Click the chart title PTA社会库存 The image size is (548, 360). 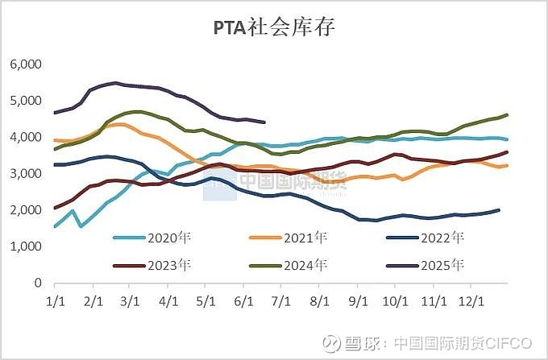[274, 27]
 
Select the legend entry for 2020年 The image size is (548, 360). [158, 238]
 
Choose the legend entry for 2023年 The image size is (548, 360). [158, 263]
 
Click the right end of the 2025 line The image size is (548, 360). [265, 122]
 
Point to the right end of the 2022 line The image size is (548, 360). [499, 210]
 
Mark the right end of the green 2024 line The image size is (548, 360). [507, 115]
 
